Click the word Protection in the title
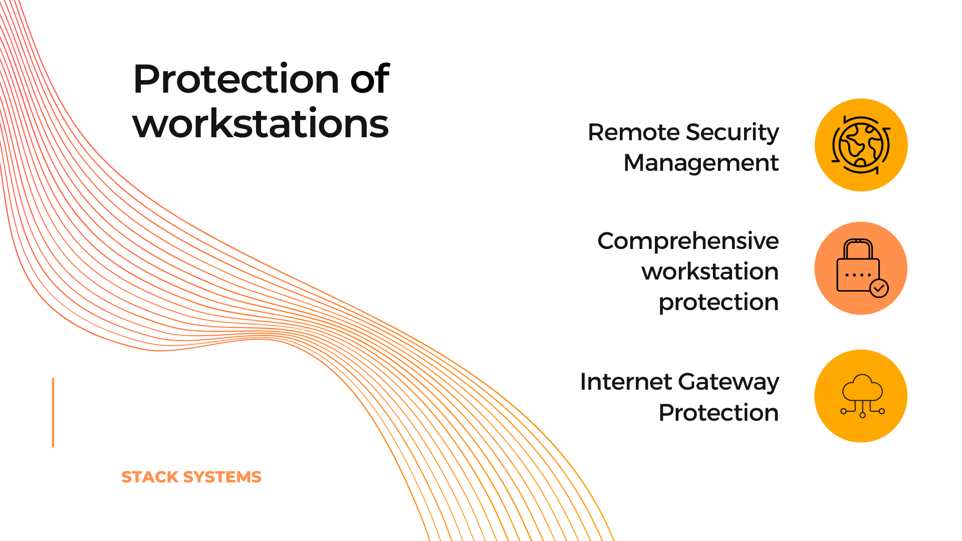point(236,79)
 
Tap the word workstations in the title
point(261,123)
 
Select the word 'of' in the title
point(370,79)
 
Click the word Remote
point(633,132)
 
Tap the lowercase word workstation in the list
point(710,272)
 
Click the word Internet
point(626,382)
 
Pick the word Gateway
point(729,383)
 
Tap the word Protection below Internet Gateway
point(718,413)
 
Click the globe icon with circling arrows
point(861,145)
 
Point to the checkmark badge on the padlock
point(879,288)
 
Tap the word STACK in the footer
point(150,477)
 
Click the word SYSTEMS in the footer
point(222,477)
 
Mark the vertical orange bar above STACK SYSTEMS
point(53,412)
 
